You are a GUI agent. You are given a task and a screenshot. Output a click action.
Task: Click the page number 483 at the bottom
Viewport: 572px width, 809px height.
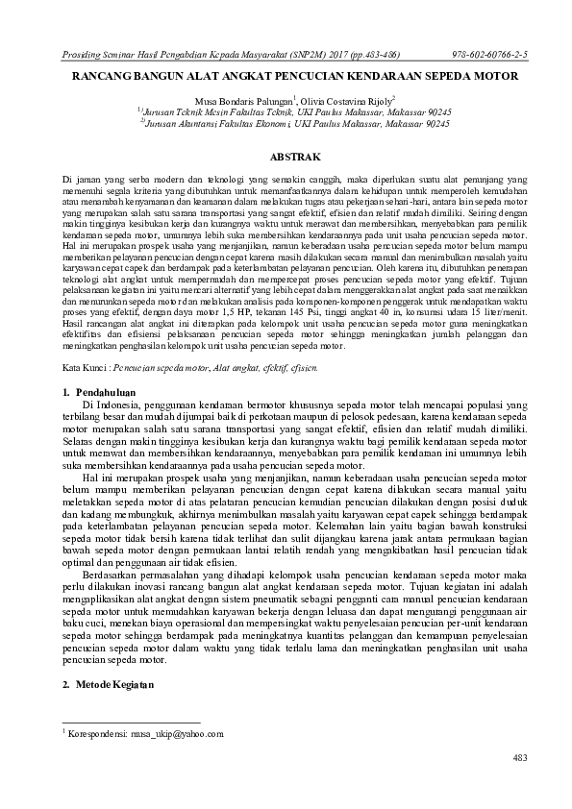coord(520,758)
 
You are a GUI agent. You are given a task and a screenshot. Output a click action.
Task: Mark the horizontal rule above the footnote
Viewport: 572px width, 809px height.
coord(131,722)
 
